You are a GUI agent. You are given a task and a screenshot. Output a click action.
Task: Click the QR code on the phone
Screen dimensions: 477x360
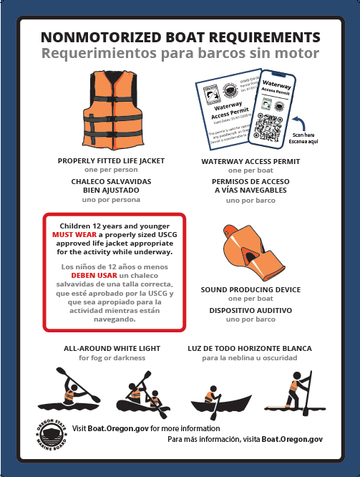[273, 126]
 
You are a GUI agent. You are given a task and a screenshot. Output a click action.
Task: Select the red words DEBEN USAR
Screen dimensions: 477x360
[90, 274]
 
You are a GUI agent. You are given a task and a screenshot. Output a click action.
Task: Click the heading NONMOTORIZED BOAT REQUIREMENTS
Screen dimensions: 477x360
[180, 37]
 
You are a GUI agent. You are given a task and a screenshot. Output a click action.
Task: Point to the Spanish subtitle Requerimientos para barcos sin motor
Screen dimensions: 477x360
[180, 54]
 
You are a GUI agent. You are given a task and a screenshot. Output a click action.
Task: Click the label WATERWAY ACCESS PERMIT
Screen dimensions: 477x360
[250, 161]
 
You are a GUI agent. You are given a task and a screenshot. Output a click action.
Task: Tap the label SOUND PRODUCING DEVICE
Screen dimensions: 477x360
[250, 289]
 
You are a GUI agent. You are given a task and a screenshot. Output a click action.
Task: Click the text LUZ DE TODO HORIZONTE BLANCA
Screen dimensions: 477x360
[249, 348]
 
